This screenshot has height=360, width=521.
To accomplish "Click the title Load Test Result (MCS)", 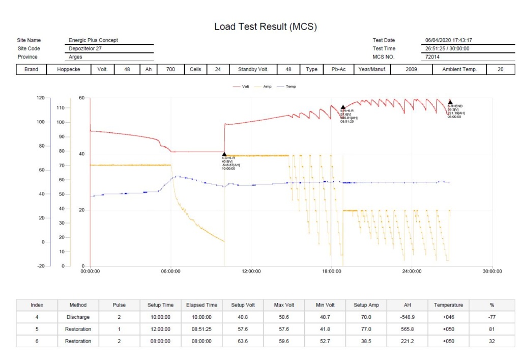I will (x=265, y=26).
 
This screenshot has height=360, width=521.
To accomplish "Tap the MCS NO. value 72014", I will (x=433, y=57).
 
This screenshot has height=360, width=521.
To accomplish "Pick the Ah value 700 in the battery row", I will (x=170, y=69).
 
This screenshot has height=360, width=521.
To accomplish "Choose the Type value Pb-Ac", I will (x=338, y=69).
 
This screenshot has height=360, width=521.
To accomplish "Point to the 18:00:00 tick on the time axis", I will (x=331, y=271).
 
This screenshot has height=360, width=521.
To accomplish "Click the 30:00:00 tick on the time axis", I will (x=492, y=271).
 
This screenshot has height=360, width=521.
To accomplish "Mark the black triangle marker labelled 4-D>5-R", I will (x=224, y=154).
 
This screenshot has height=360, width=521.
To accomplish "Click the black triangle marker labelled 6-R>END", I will (x=450, y=102).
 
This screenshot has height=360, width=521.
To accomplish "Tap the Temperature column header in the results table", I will (x=448, y=305).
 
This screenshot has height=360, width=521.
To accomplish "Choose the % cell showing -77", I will (x=491, y=317).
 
